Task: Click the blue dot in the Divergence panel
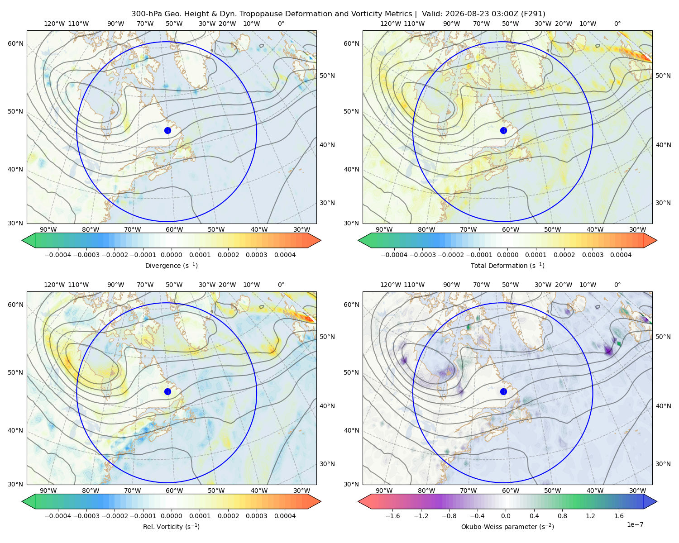tap(167, 131)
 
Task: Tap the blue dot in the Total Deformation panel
tap(503, 131)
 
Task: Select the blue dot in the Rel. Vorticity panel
tap(167, 391)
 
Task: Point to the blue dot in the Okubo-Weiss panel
tap(503, 391)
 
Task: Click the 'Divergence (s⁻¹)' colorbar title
tap(171, 265)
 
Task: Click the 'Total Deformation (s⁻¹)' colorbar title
tap(507, 265)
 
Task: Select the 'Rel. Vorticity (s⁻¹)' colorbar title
tap(171, 527)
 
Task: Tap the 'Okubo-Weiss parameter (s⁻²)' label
tap(507, 527)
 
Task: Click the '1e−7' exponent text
tap(635, 524)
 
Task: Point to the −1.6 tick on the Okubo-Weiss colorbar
tap(392, 516)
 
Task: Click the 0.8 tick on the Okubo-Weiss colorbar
tap(562, 516)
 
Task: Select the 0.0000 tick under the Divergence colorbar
tap(171, 255)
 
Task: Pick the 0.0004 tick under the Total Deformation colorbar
tap(621, 255)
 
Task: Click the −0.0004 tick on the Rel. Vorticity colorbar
tap(58, 516)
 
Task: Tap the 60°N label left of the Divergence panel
tap(15, 43)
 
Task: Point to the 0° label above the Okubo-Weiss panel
tap(617, 285)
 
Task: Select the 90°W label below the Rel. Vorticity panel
tap(48, 491)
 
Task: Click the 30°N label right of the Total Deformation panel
tap(663, 203)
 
